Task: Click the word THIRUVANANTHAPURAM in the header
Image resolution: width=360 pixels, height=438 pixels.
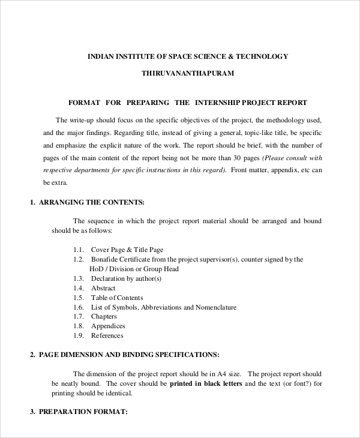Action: (x=187, y=73)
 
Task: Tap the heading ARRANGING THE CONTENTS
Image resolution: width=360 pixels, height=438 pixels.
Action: (x=91, y=202)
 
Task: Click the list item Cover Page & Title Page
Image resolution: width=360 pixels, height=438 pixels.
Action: (x=127, y=250)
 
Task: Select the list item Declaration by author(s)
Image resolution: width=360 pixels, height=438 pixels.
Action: (x=126, y=278)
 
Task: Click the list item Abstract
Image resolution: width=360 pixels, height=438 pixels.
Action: (x=103, y=288)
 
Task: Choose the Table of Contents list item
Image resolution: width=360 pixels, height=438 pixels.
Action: (x=117, y=298)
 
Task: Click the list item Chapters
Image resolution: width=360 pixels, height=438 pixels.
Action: (x=104, y=316)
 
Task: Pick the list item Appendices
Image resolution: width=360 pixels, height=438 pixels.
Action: (x=107, y=326)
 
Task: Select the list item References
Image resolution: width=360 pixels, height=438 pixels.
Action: (x=107, y=335)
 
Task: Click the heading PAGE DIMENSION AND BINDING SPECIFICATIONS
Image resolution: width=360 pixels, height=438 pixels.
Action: (x=129, y=355)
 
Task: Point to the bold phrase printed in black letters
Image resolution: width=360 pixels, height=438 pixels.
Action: (x=206, y=383)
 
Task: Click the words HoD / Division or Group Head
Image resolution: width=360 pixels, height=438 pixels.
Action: (x=134, y=269)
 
